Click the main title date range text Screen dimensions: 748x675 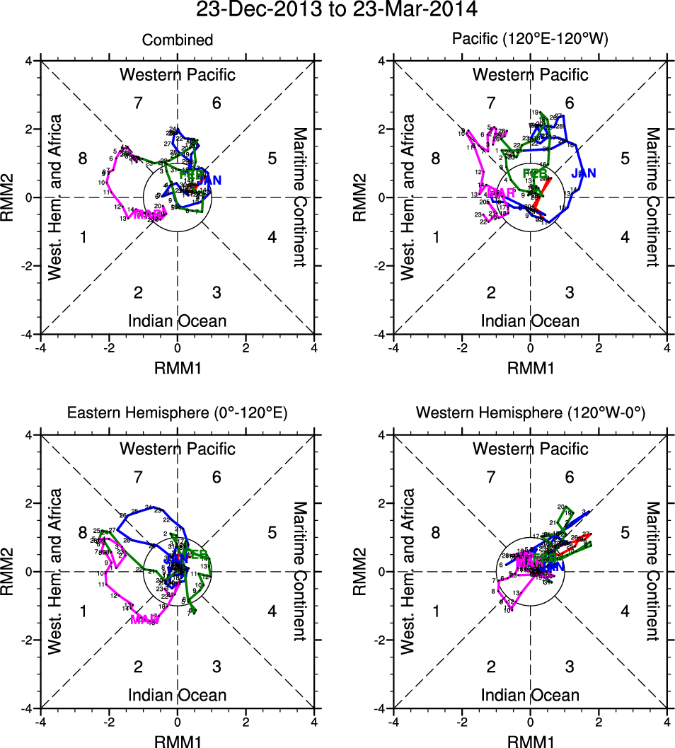pos(337,10)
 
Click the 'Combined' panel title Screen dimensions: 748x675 pos(177,40)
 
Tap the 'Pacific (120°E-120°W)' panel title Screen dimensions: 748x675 pos(530,40)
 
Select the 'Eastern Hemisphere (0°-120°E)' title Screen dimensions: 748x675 pos(177,413)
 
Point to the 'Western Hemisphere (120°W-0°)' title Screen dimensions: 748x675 pos(530,413)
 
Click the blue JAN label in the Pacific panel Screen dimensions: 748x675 pos(584,173)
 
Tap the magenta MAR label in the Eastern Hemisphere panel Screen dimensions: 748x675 pos(144,619)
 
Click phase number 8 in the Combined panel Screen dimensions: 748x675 pos(83,159)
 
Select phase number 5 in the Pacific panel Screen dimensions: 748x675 pos(625,159)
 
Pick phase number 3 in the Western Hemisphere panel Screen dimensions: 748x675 pos(570,667)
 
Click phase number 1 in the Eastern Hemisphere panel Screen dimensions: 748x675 pos(83,611)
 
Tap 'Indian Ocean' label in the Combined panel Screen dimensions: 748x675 pos(177,321)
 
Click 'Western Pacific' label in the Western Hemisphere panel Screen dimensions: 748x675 pos(530,449)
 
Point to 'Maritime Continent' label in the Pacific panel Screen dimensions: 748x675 pos(652,197)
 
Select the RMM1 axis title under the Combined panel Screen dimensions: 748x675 pos(177,367)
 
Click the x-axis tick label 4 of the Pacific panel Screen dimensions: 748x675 pos(667,348)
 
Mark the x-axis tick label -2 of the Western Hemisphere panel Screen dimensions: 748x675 pos(461,723)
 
